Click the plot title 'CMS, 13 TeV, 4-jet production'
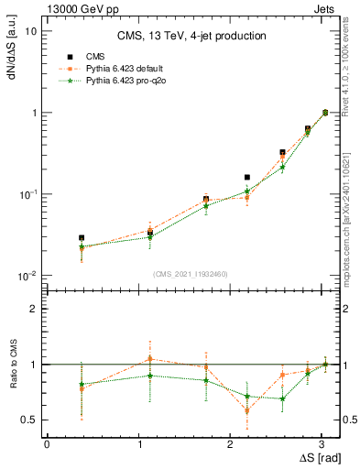[x=191, y=37]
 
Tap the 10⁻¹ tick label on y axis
[x=29, y=194]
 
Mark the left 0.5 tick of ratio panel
[x=31, y=420]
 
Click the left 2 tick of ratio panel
[x=35, y=309]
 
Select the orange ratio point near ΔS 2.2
[x=247, y=410]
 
